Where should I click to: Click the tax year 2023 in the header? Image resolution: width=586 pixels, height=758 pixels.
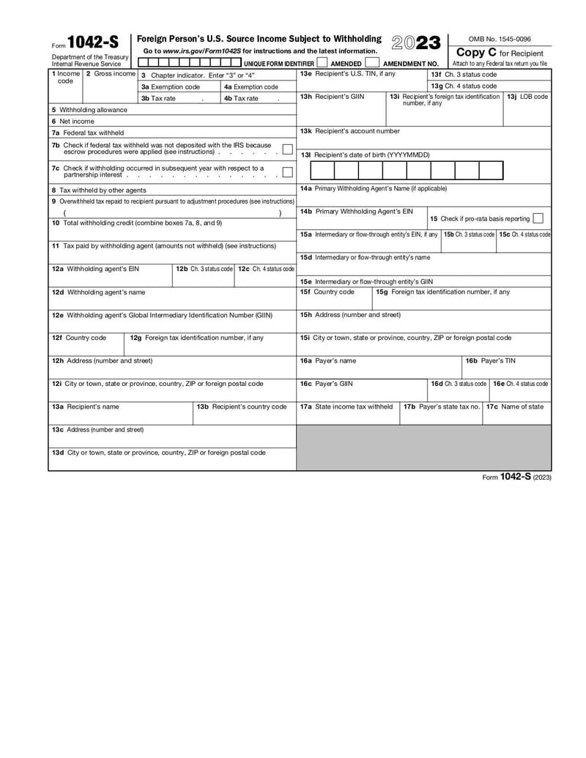416,43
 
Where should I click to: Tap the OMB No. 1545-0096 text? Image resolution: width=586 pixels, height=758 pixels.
500,39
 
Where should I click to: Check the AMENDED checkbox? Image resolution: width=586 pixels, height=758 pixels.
322,63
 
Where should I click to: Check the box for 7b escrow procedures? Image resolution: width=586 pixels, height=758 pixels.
287,149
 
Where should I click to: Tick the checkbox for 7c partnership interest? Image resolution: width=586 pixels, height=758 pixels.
287,172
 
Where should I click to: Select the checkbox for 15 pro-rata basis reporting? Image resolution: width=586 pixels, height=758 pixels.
538,218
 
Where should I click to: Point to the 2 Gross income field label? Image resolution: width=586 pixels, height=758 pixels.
111,74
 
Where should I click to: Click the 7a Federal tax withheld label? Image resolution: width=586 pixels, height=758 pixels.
87,133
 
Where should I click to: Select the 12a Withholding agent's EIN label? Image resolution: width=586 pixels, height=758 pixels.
95,269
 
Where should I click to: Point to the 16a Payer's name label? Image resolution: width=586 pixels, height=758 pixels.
328,360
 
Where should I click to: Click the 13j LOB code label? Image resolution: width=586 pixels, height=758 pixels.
527,96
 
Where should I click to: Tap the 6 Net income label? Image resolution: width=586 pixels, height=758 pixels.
73,121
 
